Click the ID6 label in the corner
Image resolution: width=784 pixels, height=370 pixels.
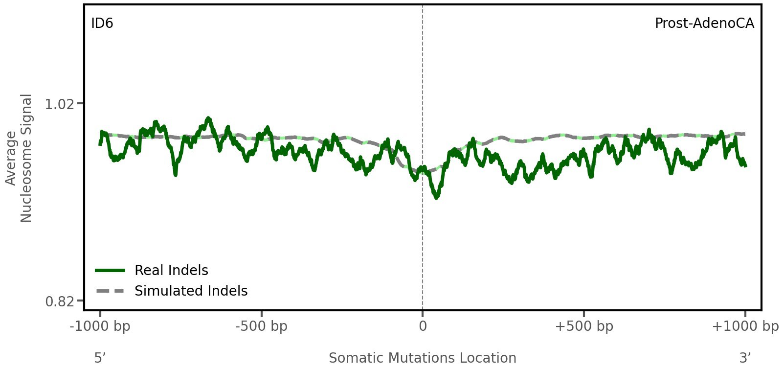point(102,23)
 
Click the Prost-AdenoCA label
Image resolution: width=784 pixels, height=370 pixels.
point(704,23)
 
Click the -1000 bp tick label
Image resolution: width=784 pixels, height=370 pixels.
point(100,326)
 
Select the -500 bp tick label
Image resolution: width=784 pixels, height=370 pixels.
point(261,326)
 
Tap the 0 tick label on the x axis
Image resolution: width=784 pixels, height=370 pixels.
point(423,326)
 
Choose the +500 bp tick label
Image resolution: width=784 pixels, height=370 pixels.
point(583,326)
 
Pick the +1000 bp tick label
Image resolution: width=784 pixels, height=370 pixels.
point(744,326)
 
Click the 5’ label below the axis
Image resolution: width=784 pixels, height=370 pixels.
point(100,358)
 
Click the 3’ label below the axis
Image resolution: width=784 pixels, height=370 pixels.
point(745,358)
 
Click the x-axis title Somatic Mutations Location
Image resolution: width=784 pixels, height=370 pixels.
point(422,358)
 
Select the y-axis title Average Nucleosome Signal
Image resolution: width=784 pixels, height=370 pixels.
point(19,158)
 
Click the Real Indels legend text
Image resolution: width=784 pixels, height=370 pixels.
point(171,270)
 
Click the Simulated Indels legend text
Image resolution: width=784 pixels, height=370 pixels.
point(191,291)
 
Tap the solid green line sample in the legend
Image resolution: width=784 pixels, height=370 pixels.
point(111,270)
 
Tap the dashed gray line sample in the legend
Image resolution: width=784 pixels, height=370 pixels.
point(111,291)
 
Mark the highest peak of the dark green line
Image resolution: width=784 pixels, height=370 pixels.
point(209,118)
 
